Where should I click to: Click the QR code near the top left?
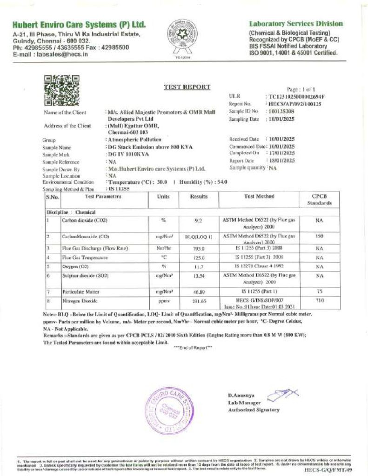click(61, 90)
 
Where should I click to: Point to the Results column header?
click(199, 197)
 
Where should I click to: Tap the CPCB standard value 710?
click(319, 301)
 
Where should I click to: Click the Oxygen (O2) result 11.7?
click(199, 267)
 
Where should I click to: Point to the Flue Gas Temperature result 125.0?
click(199, 258)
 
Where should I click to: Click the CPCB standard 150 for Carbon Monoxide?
click(319, 236)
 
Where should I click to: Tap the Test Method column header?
click(259, 197)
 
